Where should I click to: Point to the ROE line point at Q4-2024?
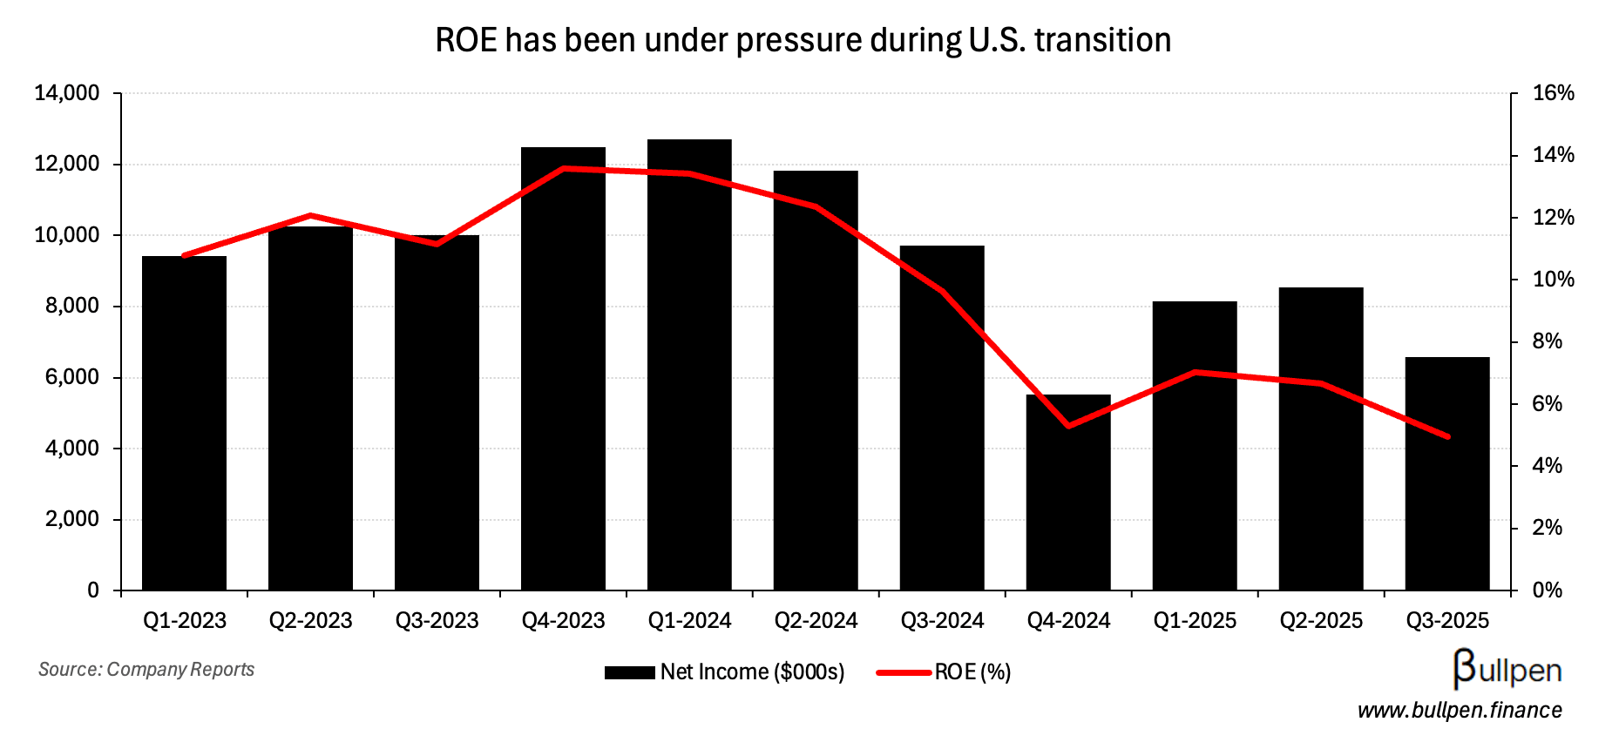pos(1068,426)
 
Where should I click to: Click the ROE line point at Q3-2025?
pos(1447,436)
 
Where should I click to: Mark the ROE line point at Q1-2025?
pos(1195,372)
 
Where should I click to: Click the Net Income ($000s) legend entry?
pos(725,672)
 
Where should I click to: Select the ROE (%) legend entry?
pos(945,672)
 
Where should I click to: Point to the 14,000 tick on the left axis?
pos(67,93)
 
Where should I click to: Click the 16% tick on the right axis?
pos(1554,93)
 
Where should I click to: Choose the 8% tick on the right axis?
pos(1548,341)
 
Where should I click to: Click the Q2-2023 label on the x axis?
pos(310,621)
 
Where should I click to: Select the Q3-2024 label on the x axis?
pos(942,621)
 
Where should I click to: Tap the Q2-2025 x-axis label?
pos(1321,621)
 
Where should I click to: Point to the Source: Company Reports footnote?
pos(146,669)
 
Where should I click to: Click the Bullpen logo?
pos(1507,669)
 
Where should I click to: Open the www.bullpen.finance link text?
pos(1460,711)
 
